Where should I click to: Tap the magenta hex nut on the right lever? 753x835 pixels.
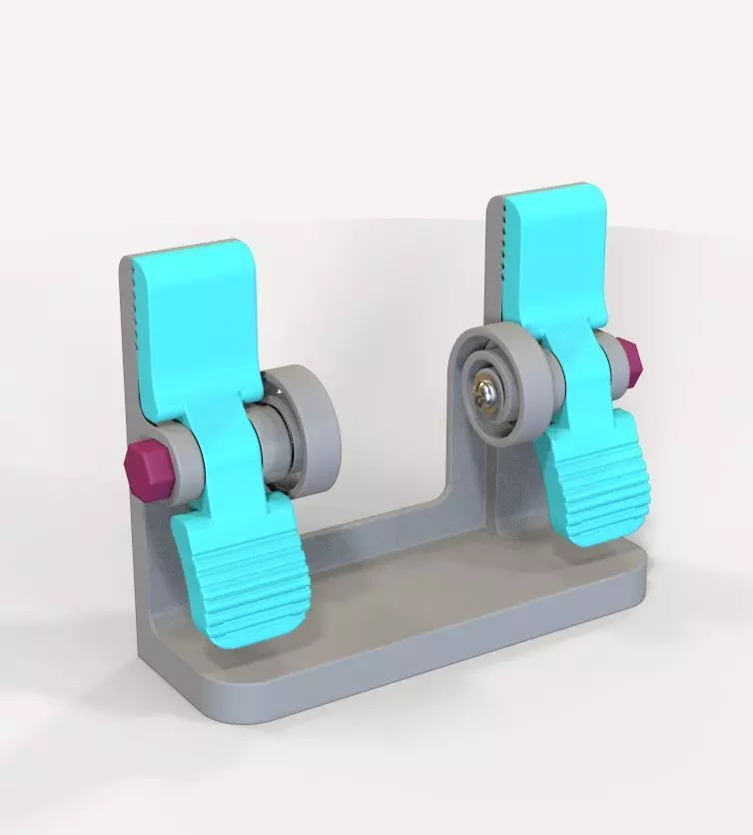[x=626, y=365]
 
